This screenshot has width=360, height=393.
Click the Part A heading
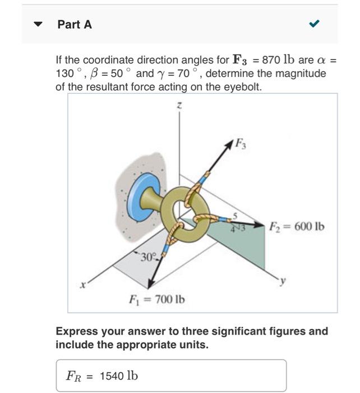pos(75,24)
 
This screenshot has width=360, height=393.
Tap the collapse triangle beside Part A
pos(38,25)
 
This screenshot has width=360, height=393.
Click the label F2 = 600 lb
pos(296,227)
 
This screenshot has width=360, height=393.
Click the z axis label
pos(179,105)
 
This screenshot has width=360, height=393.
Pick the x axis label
pos(82,285)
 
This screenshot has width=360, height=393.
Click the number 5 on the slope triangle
pos(236,215)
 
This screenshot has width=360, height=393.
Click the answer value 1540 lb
pos(118,376)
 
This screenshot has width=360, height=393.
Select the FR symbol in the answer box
pos(75,376)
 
